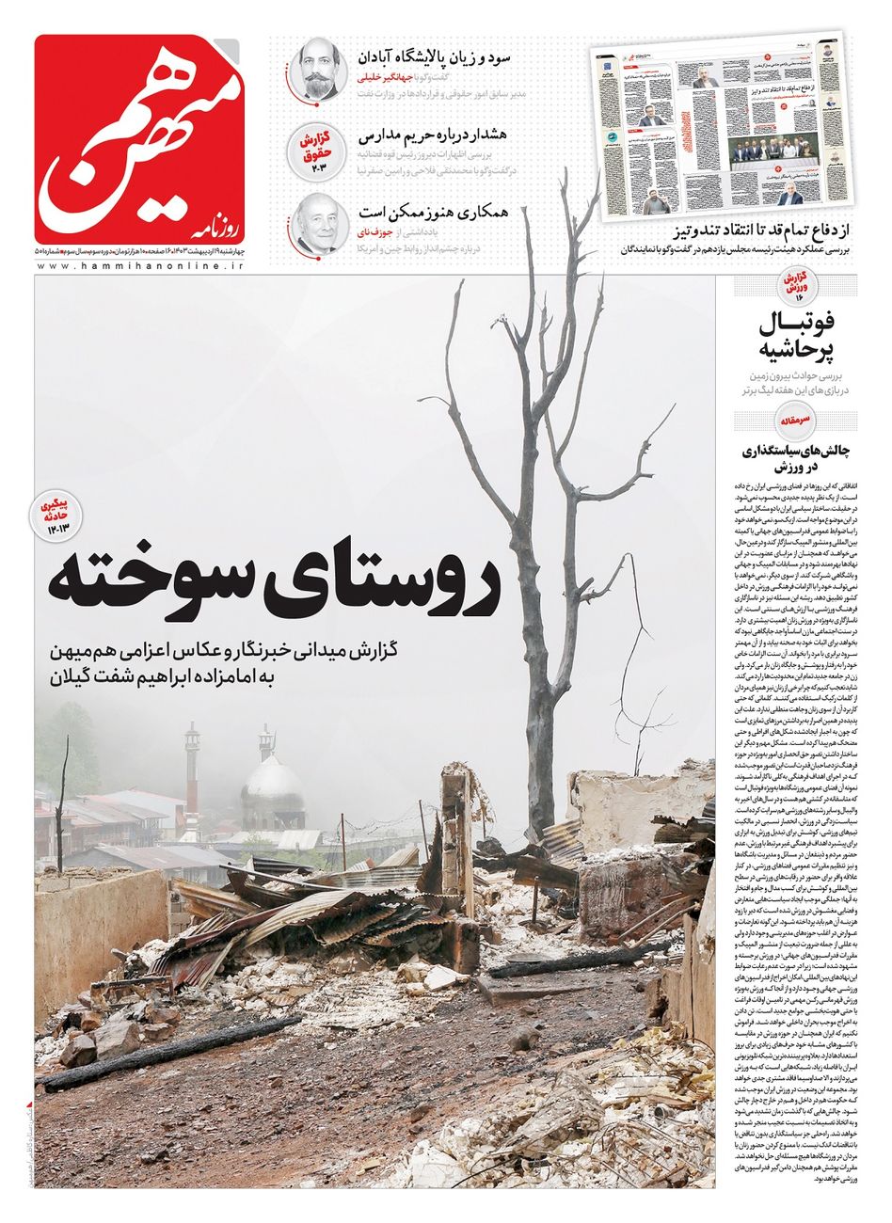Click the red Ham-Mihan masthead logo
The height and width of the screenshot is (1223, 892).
click(x=139, y=138)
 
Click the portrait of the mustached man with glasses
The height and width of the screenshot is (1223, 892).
click(x=313, y=69)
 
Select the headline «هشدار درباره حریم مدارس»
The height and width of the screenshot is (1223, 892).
click(x=434, y=135)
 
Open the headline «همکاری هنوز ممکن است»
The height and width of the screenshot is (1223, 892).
click(x=434, y=212)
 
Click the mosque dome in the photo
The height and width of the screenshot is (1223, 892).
click(x=273, y=783)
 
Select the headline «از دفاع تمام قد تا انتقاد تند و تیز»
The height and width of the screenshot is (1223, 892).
click(x=752, y=231)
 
